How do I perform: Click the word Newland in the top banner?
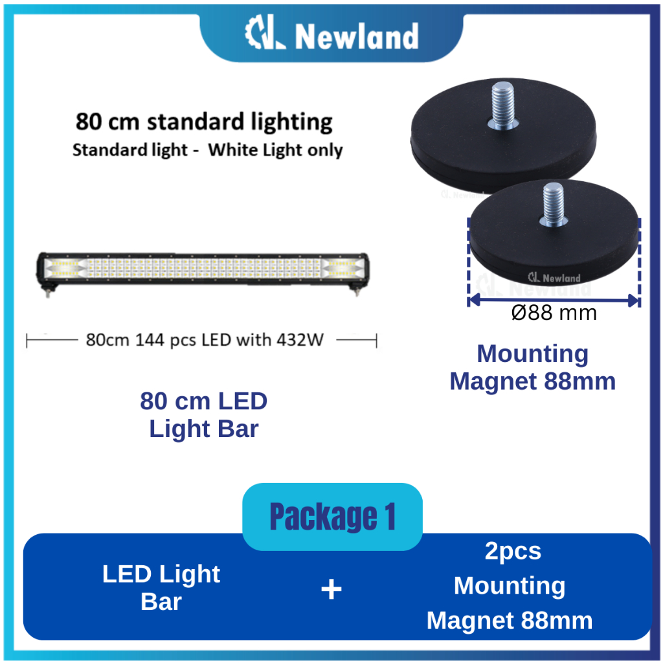(x=357, y=37)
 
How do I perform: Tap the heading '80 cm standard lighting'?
(x=204, y=122)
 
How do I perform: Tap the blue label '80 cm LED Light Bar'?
(x=203, y=415)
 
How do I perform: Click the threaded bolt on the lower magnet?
(x=554, y=202)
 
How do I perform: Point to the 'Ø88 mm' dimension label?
(x=554, y=314)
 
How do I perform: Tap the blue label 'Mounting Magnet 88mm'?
(x=532, y=368)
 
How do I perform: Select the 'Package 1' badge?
(x=332, y=517)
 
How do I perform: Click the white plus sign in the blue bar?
(x=331, y=589)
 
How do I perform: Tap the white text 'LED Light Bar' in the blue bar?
(x=161, y=588)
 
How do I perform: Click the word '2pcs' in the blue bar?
(x=513, y=551)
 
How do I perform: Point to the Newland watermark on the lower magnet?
(x=554, y=278)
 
